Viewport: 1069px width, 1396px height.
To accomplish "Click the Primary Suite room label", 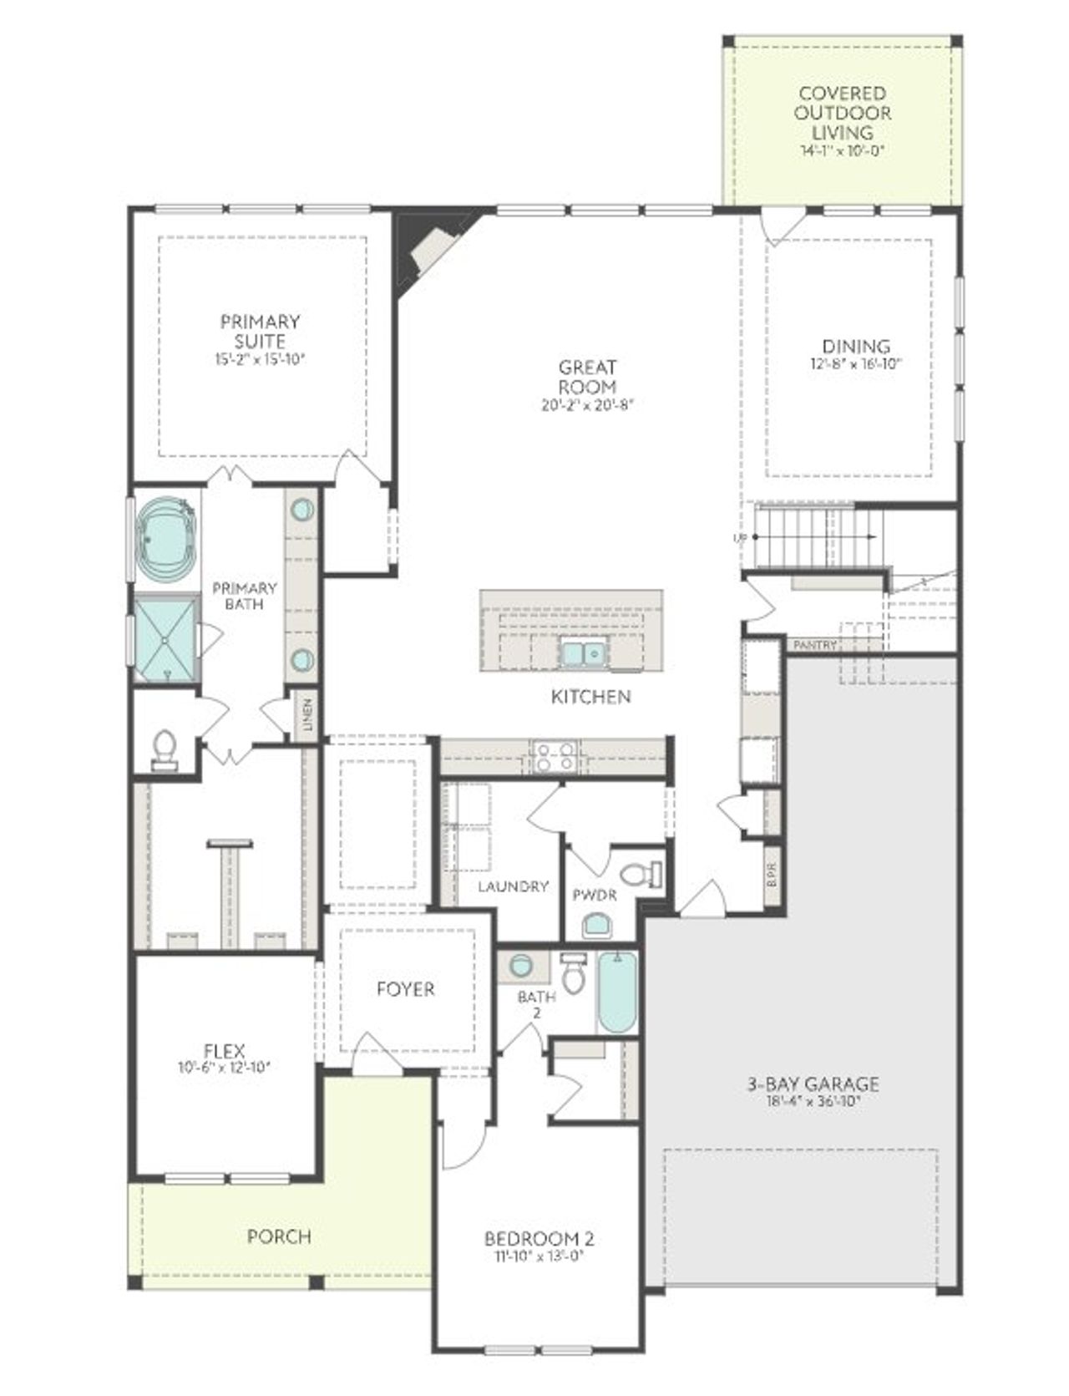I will (260, 331).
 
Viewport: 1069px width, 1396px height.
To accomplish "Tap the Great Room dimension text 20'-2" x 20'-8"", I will (588, 407).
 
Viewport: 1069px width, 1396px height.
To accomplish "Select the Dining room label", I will (856, 346).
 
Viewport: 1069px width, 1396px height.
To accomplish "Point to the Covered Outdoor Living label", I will (842, 113).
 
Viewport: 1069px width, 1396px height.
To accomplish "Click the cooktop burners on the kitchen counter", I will (555, 756).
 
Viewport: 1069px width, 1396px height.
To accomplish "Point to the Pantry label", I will (814, 645).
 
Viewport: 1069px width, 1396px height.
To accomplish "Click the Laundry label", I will (513, 886).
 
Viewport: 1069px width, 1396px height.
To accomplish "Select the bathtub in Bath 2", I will (617, 992).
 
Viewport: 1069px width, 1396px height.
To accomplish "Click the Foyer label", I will (405, 989).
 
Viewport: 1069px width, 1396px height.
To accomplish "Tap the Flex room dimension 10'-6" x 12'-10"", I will (224, 1067).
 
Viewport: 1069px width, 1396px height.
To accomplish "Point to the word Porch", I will (279, 1236).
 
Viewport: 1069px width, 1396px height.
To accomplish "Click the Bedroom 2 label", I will (540, 1238).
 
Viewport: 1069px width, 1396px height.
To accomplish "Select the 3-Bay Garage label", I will (812, 1084).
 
